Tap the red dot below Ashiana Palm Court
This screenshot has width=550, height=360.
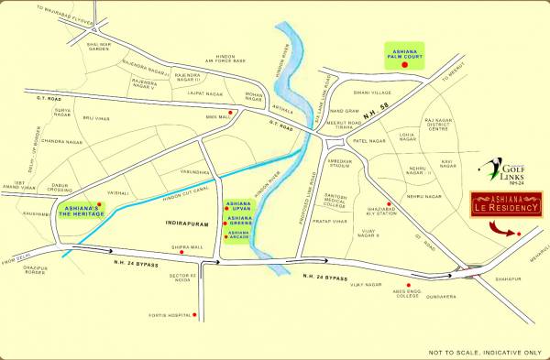coord(404,67)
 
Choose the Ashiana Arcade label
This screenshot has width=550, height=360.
coord(238,235)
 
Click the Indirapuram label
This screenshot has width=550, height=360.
coord(172,221)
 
